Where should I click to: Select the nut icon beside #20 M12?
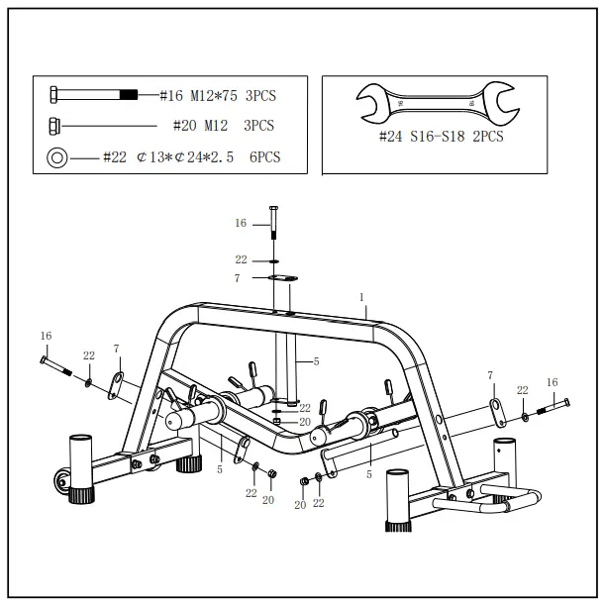click(55, 126)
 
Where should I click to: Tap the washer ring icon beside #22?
click(56, 156)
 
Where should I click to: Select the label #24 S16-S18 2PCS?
click(441, 136)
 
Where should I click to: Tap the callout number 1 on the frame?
click(362, 297)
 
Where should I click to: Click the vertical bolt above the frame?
click(274, 228)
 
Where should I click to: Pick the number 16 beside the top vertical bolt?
click(241, 224)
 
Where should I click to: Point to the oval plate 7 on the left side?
click(117, 386)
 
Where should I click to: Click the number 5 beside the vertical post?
click(316, 361)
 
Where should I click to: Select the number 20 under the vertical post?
click(305, 421)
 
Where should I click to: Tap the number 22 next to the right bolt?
click(522, 390)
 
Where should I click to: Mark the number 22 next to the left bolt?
click(88, 354)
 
